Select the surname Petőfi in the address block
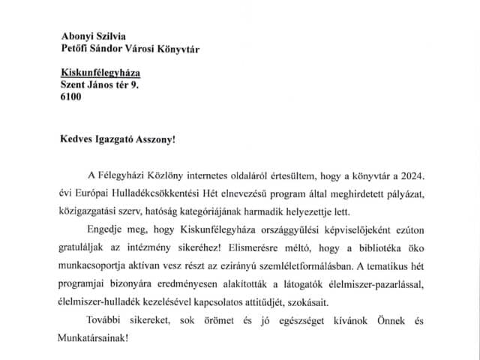tap(79, 49)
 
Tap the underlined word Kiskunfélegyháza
tap(100, 73)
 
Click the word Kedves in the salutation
tap(79, 139)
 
